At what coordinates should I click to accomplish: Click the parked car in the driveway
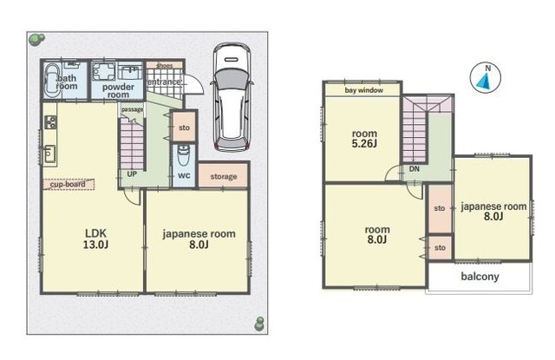tap(232, 97)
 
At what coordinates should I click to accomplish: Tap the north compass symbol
tap(486, 78)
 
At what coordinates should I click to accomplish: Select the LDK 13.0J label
tap(95, 239)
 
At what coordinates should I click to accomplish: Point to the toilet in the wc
tap(183, 154)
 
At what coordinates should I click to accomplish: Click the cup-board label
tap(69, 185)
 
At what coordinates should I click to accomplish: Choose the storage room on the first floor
tap(224, 175)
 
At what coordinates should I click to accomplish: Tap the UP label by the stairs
tap(132, 174)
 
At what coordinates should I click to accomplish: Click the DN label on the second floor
tap(415, 169)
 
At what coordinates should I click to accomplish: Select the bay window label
tap(364, 90)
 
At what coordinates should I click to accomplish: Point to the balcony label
tap(480, 276)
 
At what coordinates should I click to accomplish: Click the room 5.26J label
tap(364, 139)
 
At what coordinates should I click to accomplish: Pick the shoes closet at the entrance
tap(165, 65)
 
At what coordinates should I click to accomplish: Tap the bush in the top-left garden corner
tap(36, 39)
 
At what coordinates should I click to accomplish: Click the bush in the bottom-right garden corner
tap(260, 324)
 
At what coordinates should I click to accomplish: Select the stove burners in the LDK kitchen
tap(50, 122)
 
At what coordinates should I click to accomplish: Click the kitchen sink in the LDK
tap(49, 154)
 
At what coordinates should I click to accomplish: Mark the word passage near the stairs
tap(132, 109)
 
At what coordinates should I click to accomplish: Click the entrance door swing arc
tap(197, 83)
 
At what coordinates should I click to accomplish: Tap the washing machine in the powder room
tap(104, 73)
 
